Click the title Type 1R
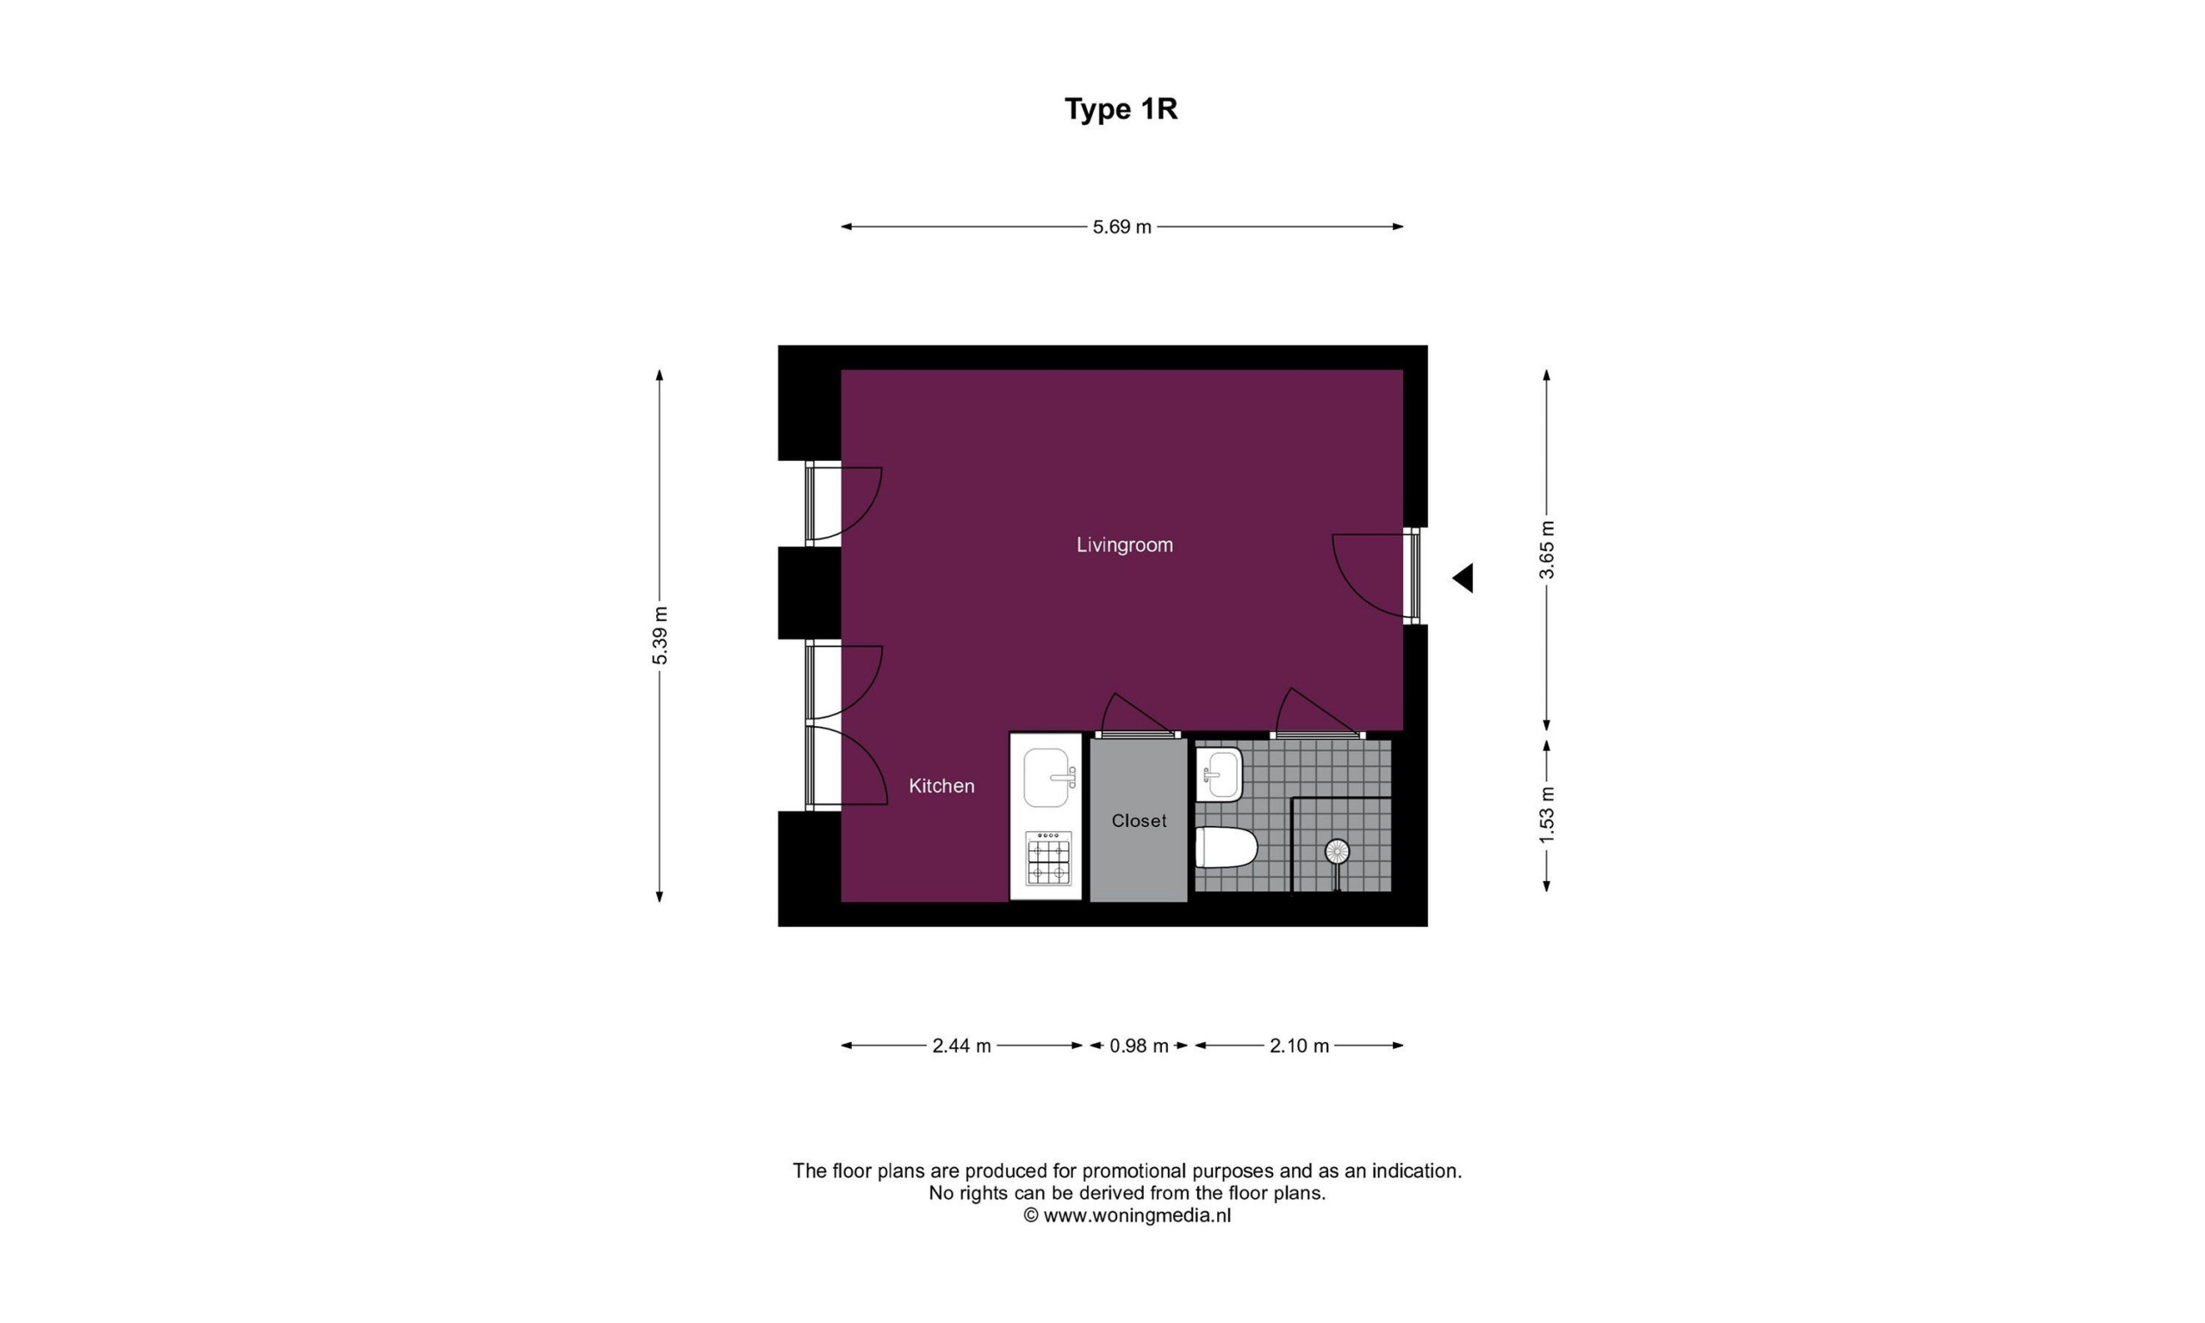tap(1121, 109)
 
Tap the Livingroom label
tap(1125, 544)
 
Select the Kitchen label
tap(941, 786)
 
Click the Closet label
tap(1139, 820)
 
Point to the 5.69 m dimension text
tap(1122, 227)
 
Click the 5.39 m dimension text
tap(660, 635)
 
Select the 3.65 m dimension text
tap(1546, 550)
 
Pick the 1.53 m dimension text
tap(1546, 814)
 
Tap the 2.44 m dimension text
tap(962, 1046)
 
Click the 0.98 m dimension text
tap(1139, 1046)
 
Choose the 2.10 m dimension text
tap(1300, 1046)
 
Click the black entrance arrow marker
tap(1463, 579)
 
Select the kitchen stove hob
tap(1049, 859)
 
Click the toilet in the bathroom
tap(1226, 847)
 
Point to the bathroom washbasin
tap(1220, 773)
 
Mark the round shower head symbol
tap(1337, 851)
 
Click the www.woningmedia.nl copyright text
tap(1127, 1214)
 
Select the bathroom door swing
tap(1313, 712)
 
